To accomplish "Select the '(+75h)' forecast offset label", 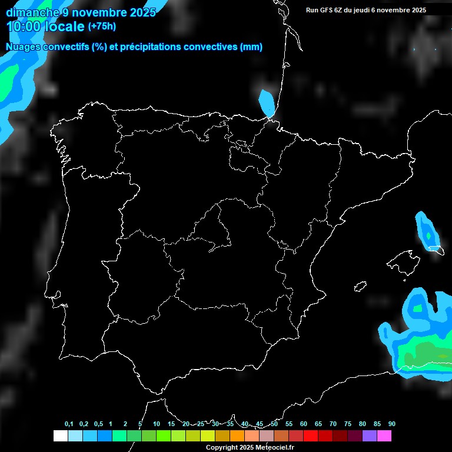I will [102, 26].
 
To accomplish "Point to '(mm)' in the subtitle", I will [251, 47].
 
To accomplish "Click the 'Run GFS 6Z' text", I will [325, 10].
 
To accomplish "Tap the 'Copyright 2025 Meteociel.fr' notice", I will [250, 448].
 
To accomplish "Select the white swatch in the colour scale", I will [60, 436].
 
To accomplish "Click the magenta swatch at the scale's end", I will [384, 436].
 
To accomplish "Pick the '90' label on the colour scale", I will [392, 424].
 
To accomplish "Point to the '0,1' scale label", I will [69, 424].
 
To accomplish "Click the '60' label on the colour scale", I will [304, 424].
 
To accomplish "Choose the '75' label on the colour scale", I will [348, 424].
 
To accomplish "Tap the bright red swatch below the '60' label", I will [311, 436].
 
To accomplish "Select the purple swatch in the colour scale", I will [370, 436].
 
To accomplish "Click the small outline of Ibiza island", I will [360, 287].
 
